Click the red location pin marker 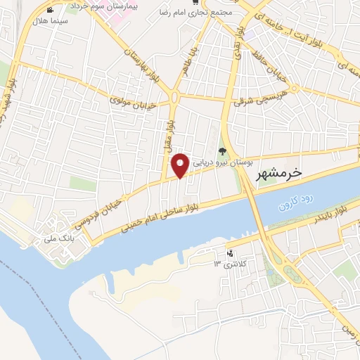[x=180, y=165]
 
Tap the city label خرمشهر [x=276, y=172]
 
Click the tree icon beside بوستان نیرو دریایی [x=222, y=152]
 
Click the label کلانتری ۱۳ [x=227, y=264]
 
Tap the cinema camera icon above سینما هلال [x=50, y=11]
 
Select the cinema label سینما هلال [x=53, y=22]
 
